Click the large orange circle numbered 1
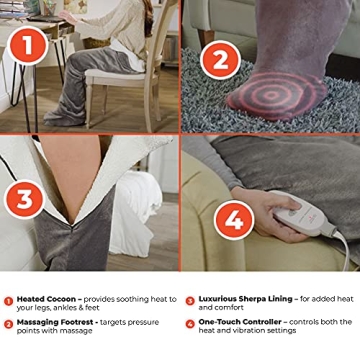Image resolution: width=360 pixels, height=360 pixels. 30,44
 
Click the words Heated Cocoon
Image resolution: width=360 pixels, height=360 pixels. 44,299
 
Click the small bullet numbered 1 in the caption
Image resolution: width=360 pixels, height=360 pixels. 8,300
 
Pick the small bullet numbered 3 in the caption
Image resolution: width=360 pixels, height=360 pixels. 189,300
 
